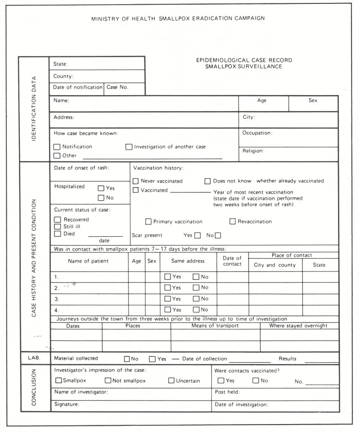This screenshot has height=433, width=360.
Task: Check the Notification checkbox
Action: tap(57, 147)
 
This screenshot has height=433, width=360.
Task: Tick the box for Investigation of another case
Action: tap(129, 147)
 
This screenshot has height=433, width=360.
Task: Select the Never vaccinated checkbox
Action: tap(136, 181)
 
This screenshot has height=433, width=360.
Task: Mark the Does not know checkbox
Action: tap(207, 181)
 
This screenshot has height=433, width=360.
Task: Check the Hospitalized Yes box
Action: tap(101, 189)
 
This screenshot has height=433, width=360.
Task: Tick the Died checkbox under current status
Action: tap(57, 233)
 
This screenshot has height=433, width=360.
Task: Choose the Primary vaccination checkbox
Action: tap(148, 222)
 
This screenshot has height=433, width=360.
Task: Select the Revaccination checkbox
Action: tap(232, 221)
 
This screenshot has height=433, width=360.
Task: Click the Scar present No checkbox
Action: tap(218, 236)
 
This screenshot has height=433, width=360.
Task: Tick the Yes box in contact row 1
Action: tap(168, 277)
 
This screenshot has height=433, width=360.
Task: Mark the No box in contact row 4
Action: tap(196, 310)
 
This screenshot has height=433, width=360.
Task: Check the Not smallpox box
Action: tap(108, 381)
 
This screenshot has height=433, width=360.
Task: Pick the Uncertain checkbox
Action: tap(172, 381)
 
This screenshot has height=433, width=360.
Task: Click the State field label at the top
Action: tap(60, 64)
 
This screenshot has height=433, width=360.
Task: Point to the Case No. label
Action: tap(117, 88)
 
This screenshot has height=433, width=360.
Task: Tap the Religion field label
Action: tap(253, 151)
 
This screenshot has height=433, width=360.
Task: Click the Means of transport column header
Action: tap(215, 326)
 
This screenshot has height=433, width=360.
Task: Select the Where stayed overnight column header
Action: tap(298, 326)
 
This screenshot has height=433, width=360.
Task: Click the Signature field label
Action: tap(67, 405)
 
